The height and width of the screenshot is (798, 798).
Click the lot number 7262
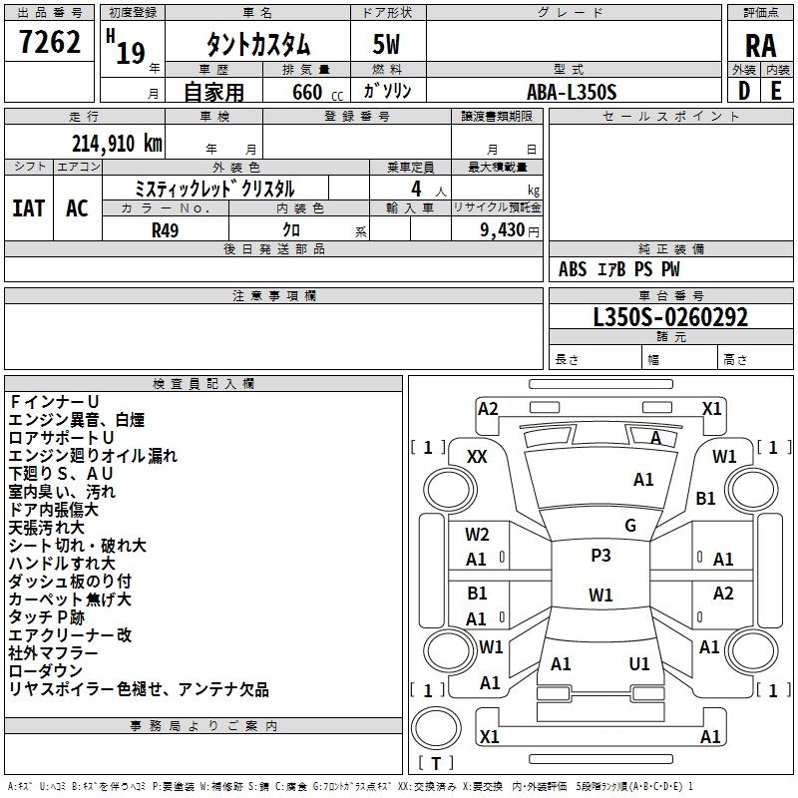(x=50, y=42)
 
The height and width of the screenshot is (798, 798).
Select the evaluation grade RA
(x=760, y=46)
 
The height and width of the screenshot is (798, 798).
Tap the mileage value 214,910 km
(x=117, y=144)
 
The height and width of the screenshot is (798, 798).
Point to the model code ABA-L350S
(x=572, y=92)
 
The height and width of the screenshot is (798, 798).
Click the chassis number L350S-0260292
(x=670, y=317)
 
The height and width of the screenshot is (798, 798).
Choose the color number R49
(x=165, y=230)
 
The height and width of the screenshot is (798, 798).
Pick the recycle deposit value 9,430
(x=503, y=229)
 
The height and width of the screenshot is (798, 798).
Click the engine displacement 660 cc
(x=317, y=92)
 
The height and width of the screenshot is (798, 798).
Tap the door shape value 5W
(x=386, y=44)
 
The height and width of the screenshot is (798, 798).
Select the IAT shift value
(x=29, y=208)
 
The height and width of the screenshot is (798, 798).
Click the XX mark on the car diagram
(x=477, y=457)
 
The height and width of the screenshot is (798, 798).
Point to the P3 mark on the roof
(x=600, y=556)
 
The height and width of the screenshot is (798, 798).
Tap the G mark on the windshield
(x=630, y=526)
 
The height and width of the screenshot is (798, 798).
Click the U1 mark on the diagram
(x=639, y=663)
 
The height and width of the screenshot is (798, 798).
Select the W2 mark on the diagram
(x=477, y=535)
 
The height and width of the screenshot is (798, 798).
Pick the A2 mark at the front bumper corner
(x=488, y=409)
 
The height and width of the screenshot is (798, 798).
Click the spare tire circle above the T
(x=436, y=728)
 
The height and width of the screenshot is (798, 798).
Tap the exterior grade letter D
(x=743, y=91)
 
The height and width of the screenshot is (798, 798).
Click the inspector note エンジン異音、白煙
(x=77, y=420)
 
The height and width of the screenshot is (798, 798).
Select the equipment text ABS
(x=573, y=269)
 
